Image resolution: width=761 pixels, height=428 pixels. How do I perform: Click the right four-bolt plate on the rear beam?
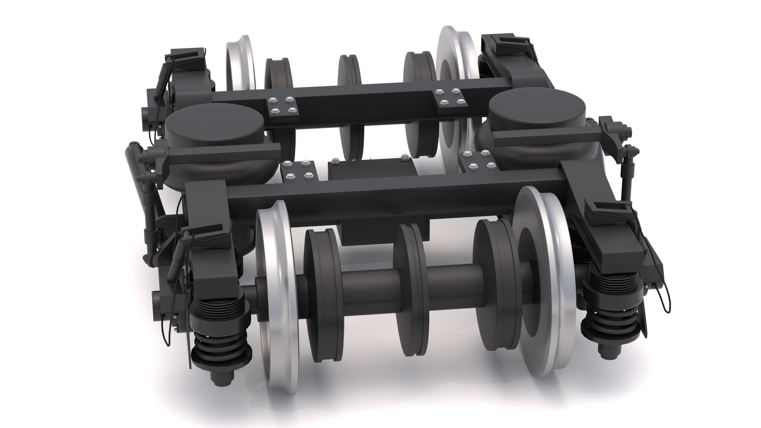449,97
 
